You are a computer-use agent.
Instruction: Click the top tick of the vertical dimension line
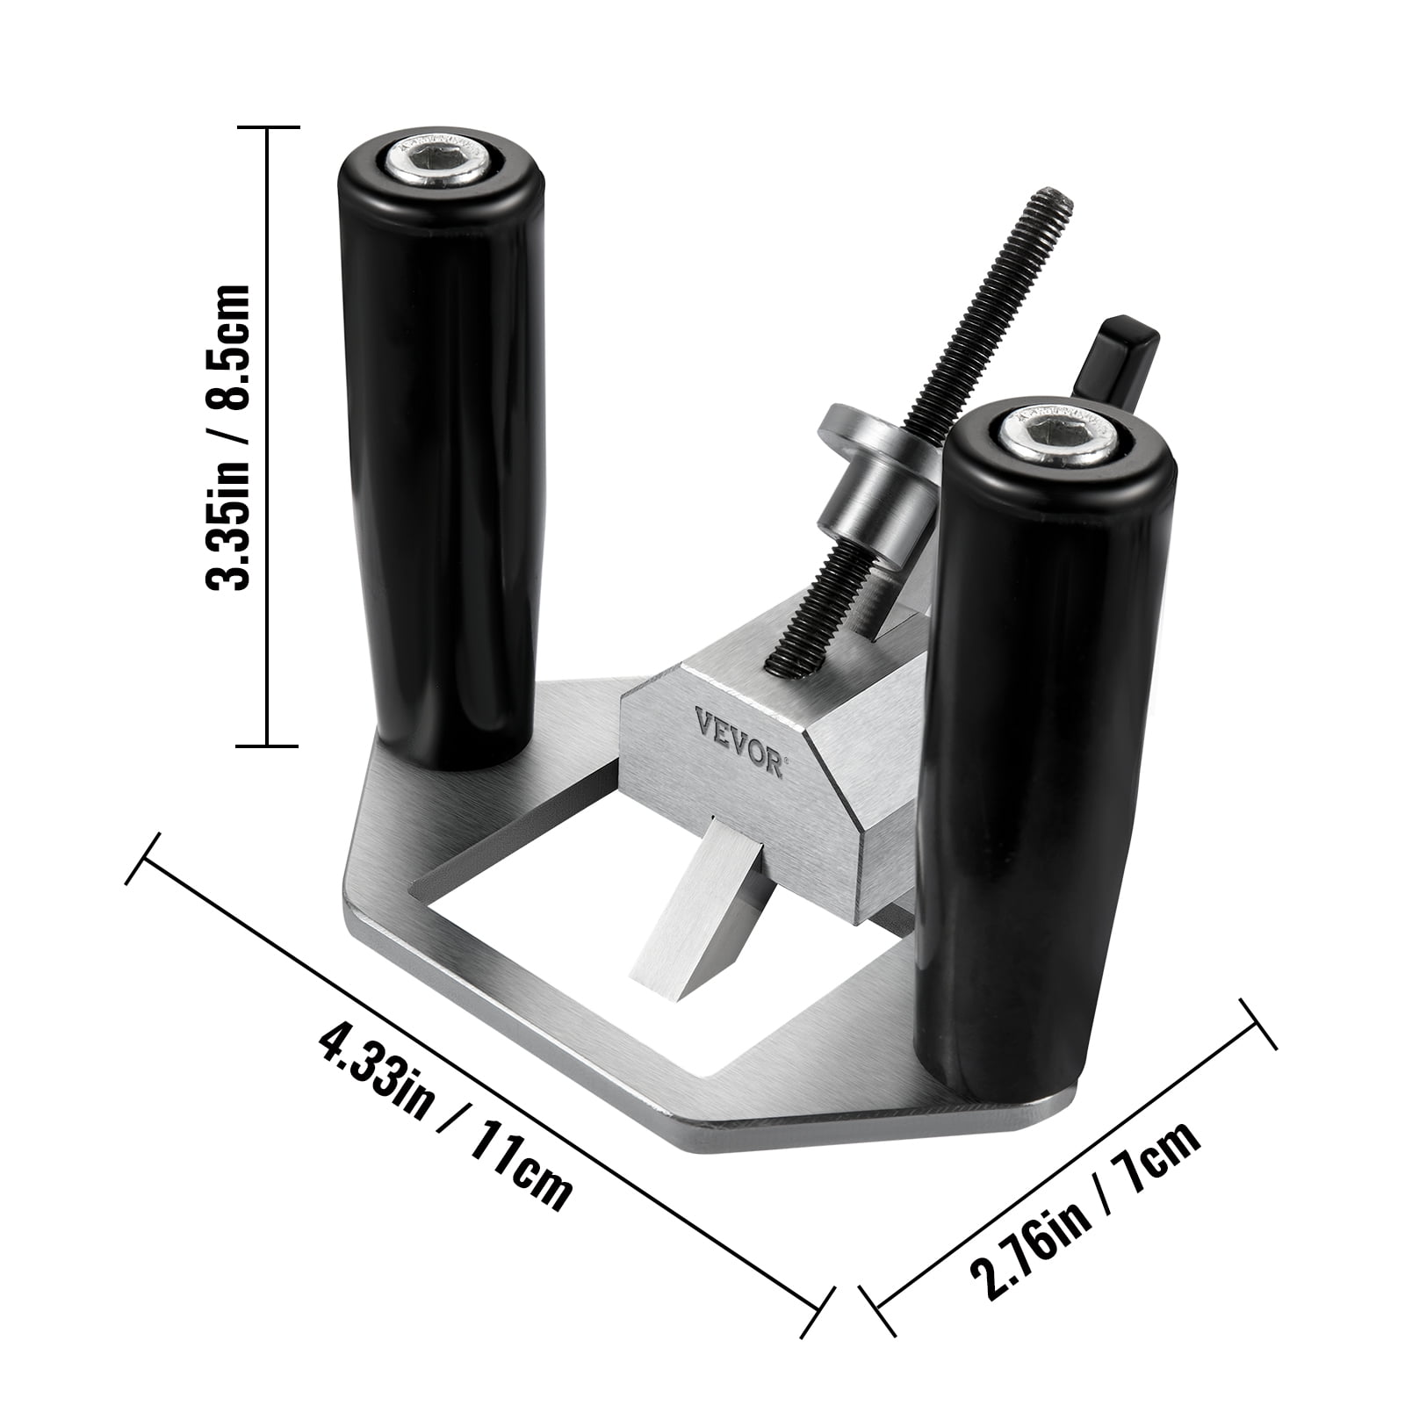[x=269, y=128]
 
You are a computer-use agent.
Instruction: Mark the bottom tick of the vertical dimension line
[x=269, y=746]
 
